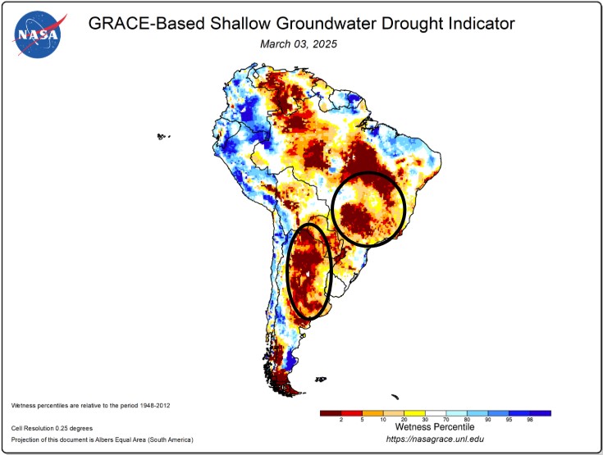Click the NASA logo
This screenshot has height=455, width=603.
coord(37,34)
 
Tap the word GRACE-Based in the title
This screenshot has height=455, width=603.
coord(136,24)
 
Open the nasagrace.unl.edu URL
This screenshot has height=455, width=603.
coord(434,441)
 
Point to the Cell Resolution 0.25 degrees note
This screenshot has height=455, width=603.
coord(52,428)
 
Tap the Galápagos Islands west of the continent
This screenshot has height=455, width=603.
coord(162,137)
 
